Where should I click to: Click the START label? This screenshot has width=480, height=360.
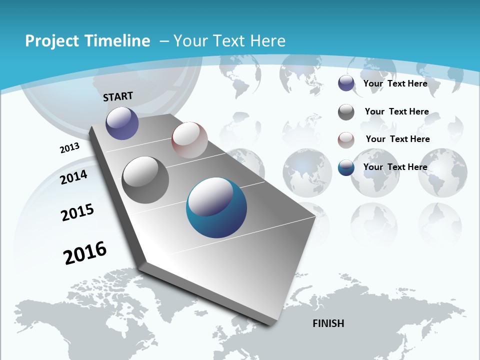pos(118,96)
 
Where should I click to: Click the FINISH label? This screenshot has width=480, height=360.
pos(328,323)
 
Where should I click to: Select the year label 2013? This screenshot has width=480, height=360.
pos(69,148)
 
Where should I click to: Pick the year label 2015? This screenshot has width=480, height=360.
pos(77,212)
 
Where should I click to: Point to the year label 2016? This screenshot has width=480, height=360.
pos(85,253)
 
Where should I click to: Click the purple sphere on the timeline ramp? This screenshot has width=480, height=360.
pos(122,123)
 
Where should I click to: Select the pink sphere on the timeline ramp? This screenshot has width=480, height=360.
pos(189,140)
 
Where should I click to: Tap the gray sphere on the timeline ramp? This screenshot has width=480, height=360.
pos(145,180)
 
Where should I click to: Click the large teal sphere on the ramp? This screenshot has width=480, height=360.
pos(216,207)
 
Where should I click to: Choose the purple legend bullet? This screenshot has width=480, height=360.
pos(346,83)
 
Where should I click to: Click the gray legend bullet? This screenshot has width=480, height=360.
pos(346,112)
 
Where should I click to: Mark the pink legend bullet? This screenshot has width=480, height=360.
pos(346,139)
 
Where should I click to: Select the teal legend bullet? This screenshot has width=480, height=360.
pos(346,167)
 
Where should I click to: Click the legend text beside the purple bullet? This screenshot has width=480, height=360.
pos(395,83)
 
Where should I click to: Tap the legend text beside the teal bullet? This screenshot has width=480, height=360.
pos(395,167)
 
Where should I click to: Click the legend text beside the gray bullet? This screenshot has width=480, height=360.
pos(396,111)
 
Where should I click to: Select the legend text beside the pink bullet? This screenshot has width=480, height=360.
pos(397,139)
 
